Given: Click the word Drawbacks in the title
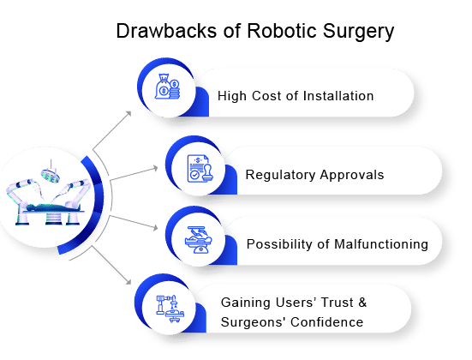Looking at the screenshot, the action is point(166,31).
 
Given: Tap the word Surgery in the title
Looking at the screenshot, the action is point(358,33).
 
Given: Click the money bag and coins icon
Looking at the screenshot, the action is point(167,87).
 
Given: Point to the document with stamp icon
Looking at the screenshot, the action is point(199,168).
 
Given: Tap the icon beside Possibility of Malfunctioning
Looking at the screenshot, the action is point(199,240).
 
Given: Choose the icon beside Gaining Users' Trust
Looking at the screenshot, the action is point(170,309).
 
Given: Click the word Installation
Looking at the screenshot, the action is point(338,96).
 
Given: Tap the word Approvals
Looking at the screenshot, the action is point(352,176).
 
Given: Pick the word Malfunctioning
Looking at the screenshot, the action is point(381,244).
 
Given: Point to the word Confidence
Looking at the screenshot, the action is point(327,322).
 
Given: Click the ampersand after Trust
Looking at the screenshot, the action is point(362,303).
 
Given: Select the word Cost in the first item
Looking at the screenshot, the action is point(267,96).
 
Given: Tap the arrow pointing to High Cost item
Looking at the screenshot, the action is point(112,130).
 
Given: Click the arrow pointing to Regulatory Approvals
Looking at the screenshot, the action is point(134,174).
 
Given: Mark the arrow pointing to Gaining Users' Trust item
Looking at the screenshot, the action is point(111,265).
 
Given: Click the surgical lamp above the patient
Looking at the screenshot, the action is point(51,174).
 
